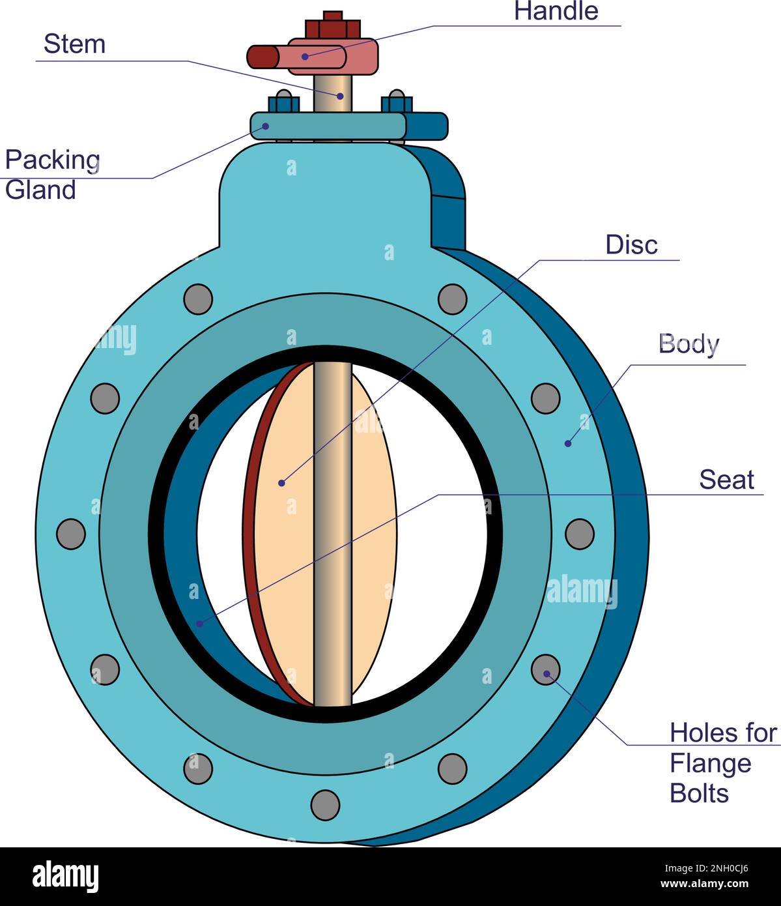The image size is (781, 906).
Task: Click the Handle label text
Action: pos(556,11)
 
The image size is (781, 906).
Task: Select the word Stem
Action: pos(74,44)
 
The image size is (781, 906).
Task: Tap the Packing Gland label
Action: pos(52,175)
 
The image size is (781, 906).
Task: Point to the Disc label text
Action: pos(631,245)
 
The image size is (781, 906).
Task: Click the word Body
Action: pos(689,343)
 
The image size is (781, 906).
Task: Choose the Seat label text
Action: pos(726,480)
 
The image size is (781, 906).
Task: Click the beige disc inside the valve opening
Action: pos(287,534)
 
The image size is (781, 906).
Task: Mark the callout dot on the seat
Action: pos(200,624)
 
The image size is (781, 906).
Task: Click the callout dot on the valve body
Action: pos(568,443)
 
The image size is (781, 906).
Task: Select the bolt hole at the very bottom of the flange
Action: pos(325,805)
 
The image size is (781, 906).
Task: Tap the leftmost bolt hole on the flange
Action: pos(71,534)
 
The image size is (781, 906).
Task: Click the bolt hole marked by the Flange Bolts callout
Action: pos(546,670)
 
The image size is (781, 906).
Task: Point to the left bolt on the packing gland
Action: pos(283,102)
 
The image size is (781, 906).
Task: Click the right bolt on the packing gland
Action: pos(396,102)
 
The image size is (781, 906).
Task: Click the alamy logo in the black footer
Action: pos(65,876)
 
